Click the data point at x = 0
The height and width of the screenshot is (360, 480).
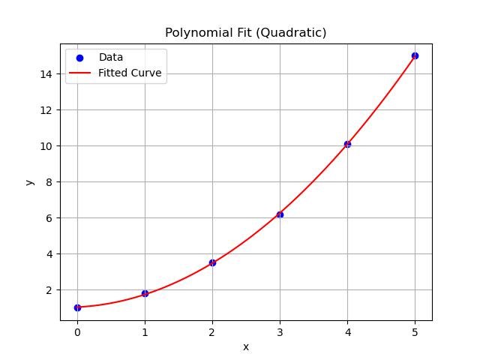(x=77, y=307)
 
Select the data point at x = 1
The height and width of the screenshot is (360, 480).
(x=145, y=293)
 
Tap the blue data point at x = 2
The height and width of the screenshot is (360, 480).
(x=212, y=262)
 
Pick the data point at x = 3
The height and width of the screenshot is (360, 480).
(x=280, y=214)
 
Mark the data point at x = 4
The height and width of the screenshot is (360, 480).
(x=347, y=144)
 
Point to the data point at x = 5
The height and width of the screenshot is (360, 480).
(x=415, y=55)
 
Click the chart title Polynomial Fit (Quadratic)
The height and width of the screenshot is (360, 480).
(x=245, y=33)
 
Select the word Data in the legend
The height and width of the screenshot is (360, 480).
(x=111, y=58)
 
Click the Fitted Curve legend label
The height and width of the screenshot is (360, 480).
(x=130, y=73)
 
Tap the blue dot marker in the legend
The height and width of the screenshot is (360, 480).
(x=79, y=58)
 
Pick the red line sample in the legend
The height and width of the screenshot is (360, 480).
(x=79, y=73)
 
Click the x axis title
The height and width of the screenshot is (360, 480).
(x=245, y=346)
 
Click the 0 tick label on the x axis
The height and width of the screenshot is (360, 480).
(x=77, y=330)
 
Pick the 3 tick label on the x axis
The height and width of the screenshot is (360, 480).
(x=280, y=330)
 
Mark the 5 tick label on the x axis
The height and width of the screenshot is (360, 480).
(x=415, y=330)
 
